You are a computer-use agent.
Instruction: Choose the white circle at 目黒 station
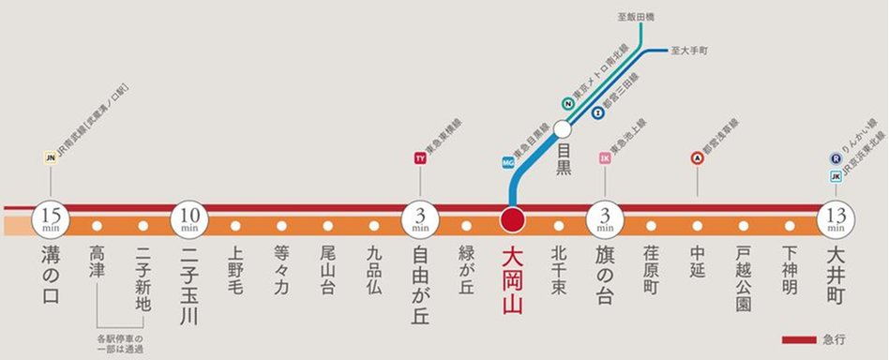[562, 129]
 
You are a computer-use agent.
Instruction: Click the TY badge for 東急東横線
[420, 158]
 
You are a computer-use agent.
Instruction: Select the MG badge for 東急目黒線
[509, 162]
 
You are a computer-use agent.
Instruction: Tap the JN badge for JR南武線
[51, 158]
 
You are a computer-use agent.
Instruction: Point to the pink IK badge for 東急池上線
[605, 158]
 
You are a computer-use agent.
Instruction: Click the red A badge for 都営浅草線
[697, 158]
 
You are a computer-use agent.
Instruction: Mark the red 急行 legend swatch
[800, 338]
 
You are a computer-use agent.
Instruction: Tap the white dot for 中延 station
[697, 226]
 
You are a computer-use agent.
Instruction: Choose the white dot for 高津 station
[97, 226]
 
